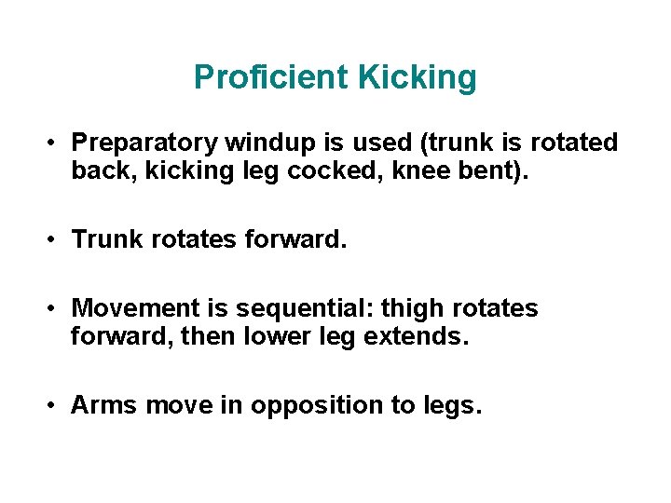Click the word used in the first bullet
pyautogui.click(x=386, y=143)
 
